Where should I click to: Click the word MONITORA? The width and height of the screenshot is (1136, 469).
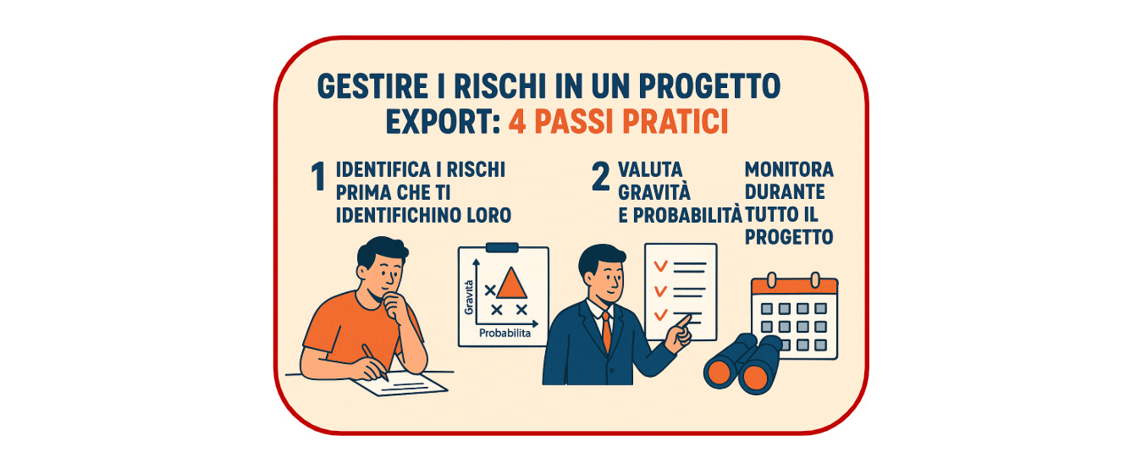[789, 169]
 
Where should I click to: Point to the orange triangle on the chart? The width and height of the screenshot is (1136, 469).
[511, 284]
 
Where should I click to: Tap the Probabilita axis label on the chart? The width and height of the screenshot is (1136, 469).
[505, 333]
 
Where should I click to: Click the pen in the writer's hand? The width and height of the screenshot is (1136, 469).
[375, 361]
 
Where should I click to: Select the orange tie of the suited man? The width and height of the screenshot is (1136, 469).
[607, 332]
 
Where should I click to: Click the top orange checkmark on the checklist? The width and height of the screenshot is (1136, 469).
[660, 266]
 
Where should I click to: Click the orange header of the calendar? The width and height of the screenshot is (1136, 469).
[794, 285]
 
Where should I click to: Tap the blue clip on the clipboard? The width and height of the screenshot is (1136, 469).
[502, 247]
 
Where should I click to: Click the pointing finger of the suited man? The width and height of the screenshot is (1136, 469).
[684, 321]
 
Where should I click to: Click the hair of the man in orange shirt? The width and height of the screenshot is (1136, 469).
[382, 250]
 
